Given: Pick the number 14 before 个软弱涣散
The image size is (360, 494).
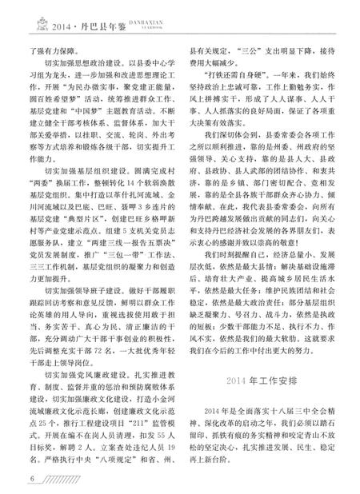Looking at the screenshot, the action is click(x=118, y=227).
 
